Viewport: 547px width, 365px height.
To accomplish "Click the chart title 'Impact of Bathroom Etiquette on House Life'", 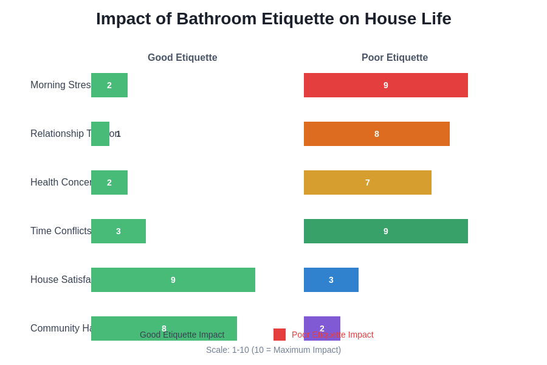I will [x=273, y=19].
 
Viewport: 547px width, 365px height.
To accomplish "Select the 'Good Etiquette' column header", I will [x=182, y=58].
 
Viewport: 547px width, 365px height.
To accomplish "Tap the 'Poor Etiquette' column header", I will [x=394, y=58].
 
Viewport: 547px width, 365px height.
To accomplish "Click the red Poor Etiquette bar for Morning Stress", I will [x=386, y=85].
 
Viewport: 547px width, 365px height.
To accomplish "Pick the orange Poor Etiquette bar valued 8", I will [x=377, y=134].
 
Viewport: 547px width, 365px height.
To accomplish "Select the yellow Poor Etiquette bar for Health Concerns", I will [x=368, y=182].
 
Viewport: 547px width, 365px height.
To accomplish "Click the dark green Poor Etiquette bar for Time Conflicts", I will [x=386, y=231].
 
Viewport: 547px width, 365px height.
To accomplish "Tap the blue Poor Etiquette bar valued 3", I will [x=331, y=280].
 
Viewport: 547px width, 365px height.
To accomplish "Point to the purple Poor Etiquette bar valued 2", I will [x=322, y=322].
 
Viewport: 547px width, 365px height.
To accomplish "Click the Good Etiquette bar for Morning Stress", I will [x=109, y=85].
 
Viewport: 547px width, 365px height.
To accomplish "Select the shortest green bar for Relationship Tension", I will [x=100, y=134].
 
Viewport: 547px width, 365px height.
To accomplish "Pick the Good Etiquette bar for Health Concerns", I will [x=109, y=182].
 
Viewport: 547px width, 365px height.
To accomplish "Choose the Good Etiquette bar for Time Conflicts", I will [x=119, y=231].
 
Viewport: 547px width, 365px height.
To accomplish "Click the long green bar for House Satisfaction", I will [x=173, y=280].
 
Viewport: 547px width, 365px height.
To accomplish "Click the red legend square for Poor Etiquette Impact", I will [x=280, y=335].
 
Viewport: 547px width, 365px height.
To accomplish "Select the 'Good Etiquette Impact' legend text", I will [x=182, y=335].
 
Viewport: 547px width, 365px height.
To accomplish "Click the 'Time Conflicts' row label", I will [x=61, y=231].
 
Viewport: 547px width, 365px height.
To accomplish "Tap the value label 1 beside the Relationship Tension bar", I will [x=119, y=134].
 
